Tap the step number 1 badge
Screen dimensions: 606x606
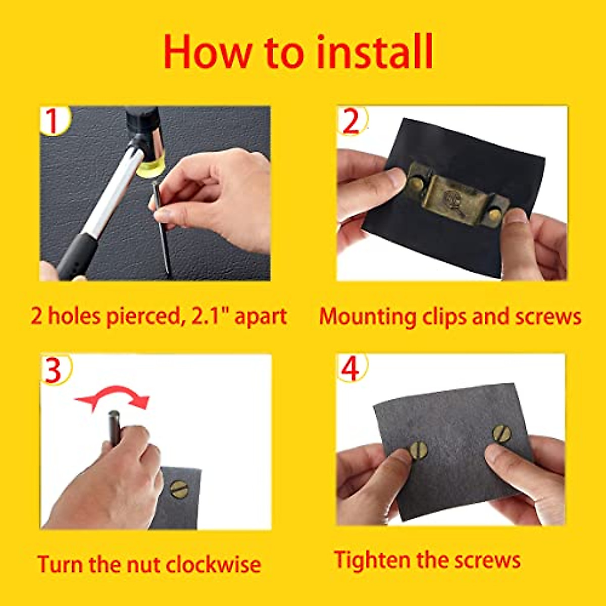pyautogui.click(x=52, y=121)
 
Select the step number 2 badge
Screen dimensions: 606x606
pyautogui.click(x=351, y=121)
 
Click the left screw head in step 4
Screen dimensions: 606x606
pyautogui.click(x=418, y=450)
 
